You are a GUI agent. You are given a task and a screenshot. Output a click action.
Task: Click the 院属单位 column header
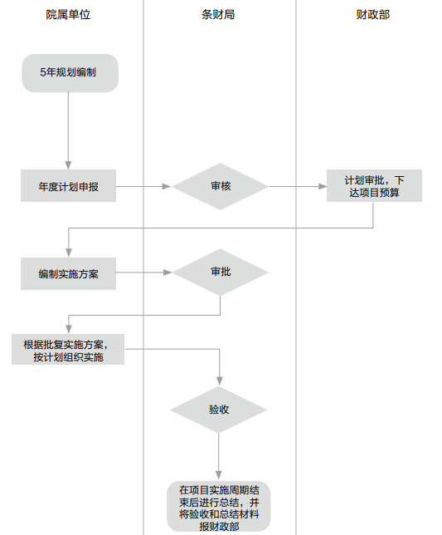click(68, 15)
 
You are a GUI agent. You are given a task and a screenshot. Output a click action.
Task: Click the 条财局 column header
click(218, 15)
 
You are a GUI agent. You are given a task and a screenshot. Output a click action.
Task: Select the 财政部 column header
click(373, 15)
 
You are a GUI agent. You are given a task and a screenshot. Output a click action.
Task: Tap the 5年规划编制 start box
click(70, 73)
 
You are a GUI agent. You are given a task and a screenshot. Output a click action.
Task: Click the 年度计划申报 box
click(69, 185)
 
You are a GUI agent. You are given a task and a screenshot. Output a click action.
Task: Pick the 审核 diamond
click(221, 186)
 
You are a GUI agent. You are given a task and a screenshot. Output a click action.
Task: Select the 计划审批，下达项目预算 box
click(374, 185)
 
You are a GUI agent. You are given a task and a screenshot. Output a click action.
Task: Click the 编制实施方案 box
click(69, 273)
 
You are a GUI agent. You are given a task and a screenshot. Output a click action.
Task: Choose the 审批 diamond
click(221, 272)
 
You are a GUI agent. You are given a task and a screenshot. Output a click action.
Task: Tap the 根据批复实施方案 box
click(68, 350)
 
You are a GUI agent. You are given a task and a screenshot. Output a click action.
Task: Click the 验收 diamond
click(219, 410)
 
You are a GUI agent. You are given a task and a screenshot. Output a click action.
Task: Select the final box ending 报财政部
click(219, 507)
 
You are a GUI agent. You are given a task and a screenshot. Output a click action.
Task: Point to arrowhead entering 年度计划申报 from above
click(68, 165)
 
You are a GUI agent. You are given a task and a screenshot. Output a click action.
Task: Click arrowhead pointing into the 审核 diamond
click(167, 186)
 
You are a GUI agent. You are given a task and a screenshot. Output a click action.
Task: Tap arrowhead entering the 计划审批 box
click(322, 186)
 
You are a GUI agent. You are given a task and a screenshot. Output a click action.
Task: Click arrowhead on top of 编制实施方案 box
click(69, 253)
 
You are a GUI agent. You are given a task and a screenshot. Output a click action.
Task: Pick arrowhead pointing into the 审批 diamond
click(168, 272)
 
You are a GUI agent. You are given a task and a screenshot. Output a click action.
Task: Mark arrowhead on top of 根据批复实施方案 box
click(69, 329)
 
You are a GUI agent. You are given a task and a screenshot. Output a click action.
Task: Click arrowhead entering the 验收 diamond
click(219, 381)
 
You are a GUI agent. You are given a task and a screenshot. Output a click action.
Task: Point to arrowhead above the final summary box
click(219, 474)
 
